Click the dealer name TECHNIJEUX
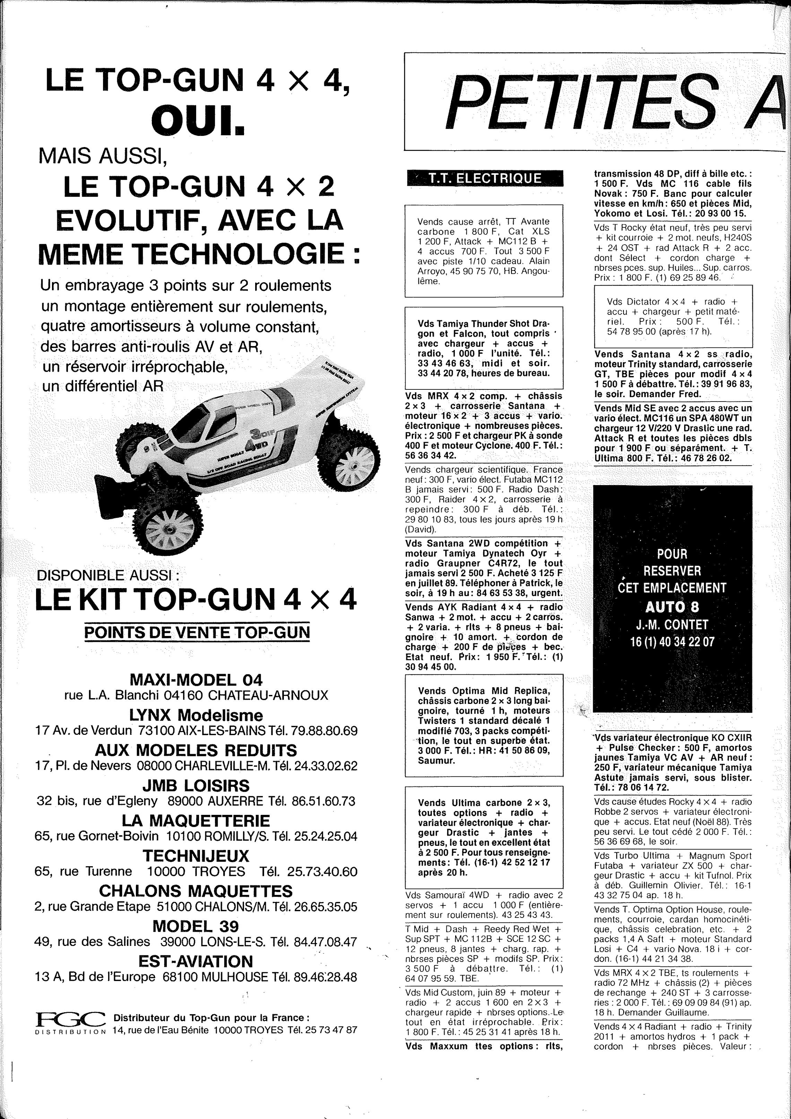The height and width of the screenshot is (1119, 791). (196, 855)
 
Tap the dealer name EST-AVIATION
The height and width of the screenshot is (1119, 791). (196, 961)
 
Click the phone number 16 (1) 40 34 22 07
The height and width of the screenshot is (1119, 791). (672, 642)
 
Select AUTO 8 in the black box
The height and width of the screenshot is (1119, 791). (672, 607)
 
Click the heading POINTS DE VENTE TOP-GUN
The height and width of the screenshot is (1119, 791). (197, 632)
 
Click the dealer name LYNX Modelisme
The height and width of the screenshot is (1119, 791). (196, 715)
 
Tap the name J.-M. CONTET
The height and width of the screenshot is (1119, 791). (672, 624)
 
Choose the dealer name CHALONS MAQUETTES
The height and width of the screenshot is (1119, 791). (196, 890)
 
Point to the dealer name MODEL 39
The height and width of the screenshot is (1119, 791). (196, 926)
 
